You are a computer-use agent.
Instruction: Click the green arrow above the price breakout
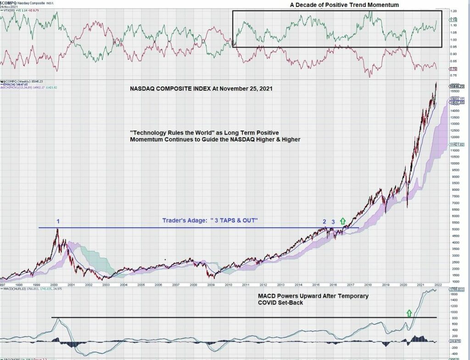coord(342,222)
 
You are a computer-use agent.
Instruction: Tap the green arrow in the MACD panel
coord(409,313)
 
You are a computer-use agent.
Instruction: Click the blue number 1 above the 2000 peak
coord(58,222)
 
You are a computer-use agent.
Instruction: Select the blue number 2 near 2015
coord(324,222)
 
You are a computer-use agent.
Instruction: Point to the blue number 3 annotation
coord(333,222)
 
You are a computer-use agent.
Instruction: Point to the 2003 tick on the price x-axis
coord(106,285)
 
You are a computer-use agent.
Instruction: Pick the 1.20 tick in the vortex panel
coord(453,11)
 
